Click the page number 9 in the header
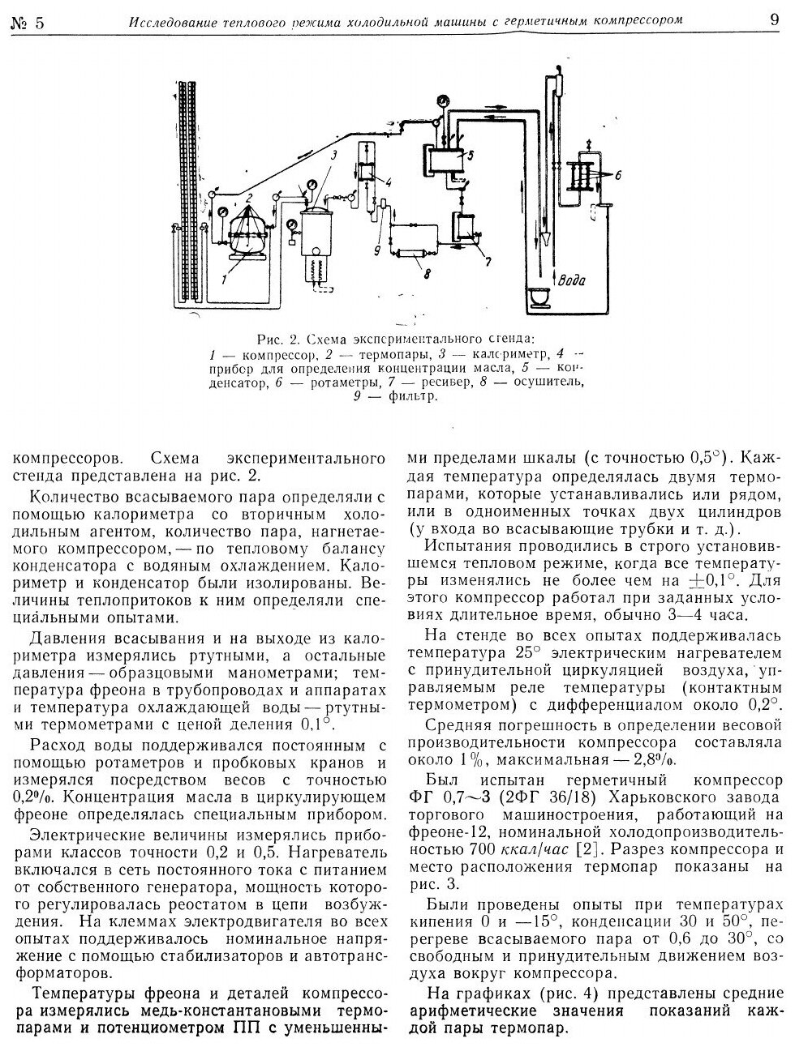[x=774, y=20]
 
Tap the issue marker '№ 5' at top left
[x=28, y=22]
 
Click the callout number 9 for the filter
[x=376, y=250]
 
